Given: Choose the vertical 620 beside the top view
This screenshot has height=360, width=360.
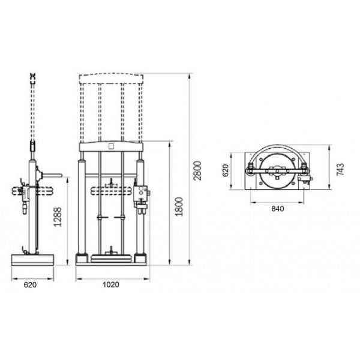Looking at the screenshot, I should pos(226,171).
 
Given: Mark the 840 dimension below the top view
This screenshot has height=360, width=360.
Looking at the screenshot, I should pos(277,208).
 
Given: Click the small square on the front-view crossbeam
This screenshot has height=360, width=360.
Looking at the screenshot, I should pos(111,146).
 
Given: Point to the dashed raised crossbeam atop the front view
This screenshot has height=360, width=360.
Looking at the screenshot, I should pos(111,76).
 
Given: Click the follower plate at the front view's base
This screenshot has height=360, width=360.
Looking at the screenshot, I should pos(111,259).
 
